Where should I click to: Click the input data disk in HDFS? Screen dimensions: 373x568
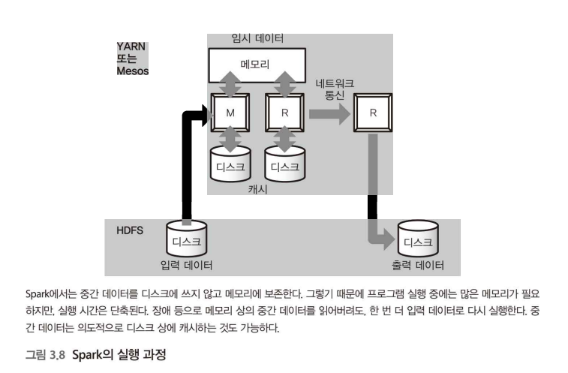pyautogui.click(x=186, y=239)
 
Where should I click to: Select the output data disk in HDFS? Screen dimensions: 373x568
pyautogui.click(x=417, y=239)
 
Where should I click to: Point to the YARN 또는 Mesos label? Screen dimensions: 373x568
pyautogui.click(x=133, y=59)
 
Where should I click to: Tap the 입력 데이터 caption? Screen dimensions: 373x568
pyautogui.click(x=186, y=265)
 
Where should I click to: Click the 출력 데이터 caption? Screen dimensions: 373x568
pyautogui.click(x=417, y=265)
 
